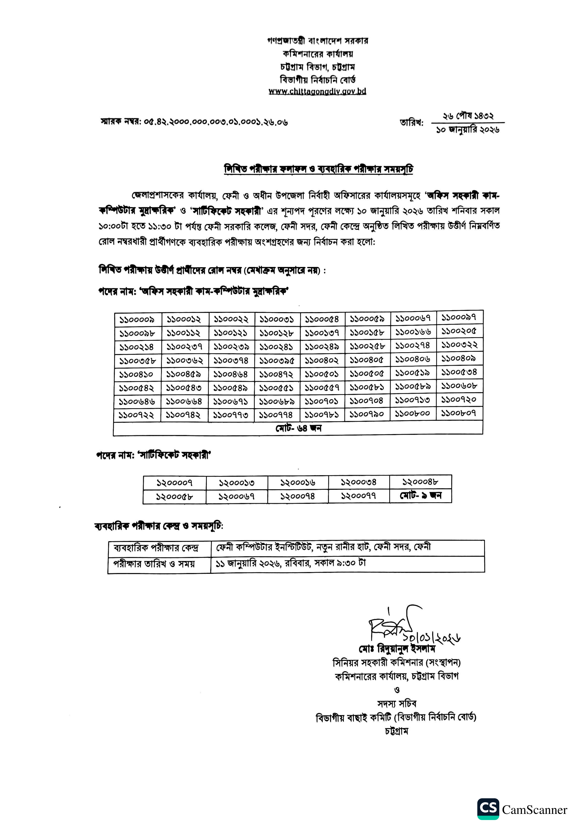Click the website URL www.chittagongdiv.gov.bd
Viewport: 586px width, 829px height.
317,91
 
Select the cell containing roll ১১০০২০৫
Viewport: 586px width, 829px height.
459,331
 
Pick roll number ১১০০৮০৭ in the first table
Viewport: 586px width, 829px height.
459,413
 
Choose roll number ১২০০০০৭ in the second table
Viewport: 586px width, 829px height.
174,483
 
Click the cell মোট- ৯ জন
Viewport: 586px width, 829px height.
420,495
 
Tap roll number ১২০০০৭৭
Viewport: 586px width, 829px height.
358,496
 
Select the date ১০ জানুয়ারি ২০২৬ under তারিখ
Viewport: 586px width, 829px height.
468,130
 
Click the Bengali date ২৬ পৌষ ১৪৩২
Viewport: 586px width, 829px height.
468,116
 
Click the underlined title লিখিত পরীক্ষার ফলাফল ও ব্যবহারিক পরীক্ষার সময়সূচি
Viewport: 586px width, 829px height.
319,169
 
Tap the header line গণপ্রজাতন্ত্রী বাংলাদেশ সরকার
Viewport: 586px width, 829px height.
318,40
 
